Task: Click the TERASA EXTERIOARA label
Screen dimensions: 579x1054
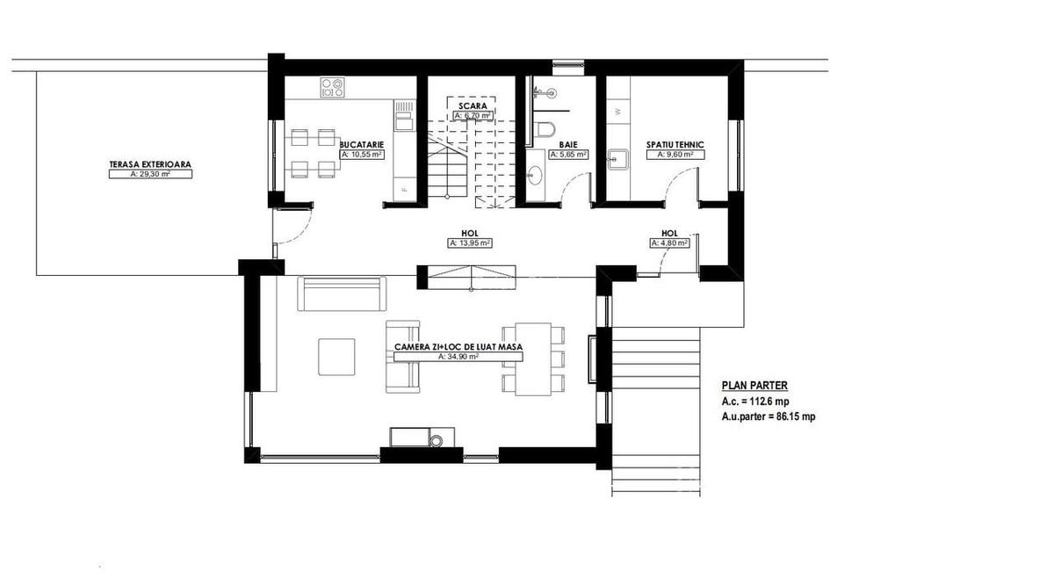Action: [150, 163]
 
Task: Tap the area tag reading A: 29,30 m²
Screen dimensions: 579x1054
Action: [150, 174]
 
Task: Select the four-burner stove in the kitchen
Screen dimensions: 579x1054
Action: [332, 86]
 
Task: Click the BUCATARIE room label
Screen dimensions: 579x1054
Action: [361, 143]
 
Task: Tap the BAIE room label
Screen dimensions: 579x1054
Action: [567, 143]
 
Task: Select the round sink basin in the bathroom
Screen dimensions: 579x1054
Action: [535, 176]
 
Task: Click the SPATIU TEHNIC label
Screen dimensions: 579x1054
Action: [675, 143]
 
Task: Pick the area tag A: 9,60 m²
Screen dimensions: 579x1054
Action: [672, 154]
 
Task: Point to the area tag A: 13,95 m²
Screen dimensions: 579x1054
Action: [470, 242]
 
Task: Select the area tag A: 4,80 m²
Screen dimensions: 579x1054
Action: [671, 243]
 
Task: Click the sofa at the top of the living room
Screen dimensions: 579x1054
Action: [343, 293]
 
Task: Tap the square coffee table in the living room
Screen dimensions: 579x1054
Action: [336, 356]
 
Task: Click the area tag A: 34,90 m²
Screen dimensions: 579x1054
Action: [458, 358]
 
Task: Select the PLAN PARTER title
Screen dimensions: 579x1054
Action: [754, 385]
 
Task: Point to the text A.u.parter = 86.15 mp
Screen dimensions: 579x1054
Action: [768, 417]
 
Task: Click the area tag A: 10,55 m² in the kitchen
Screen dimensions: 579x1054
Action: [361, 154]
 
